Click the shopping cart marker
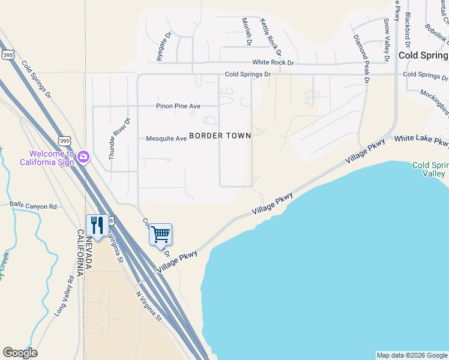160,235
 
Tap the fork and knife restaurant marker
97,226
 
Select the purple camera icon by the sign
83,157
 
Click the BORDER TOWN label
220,136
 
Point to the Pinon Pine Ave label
178,106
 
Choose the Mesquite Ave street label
166,139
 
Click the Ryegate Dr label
161,47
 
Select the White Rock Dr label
273,62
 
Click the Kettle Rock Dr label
270,34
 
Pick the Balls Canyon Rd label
33,206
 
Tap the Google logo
20,353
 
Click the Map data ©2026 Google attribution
412,355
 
